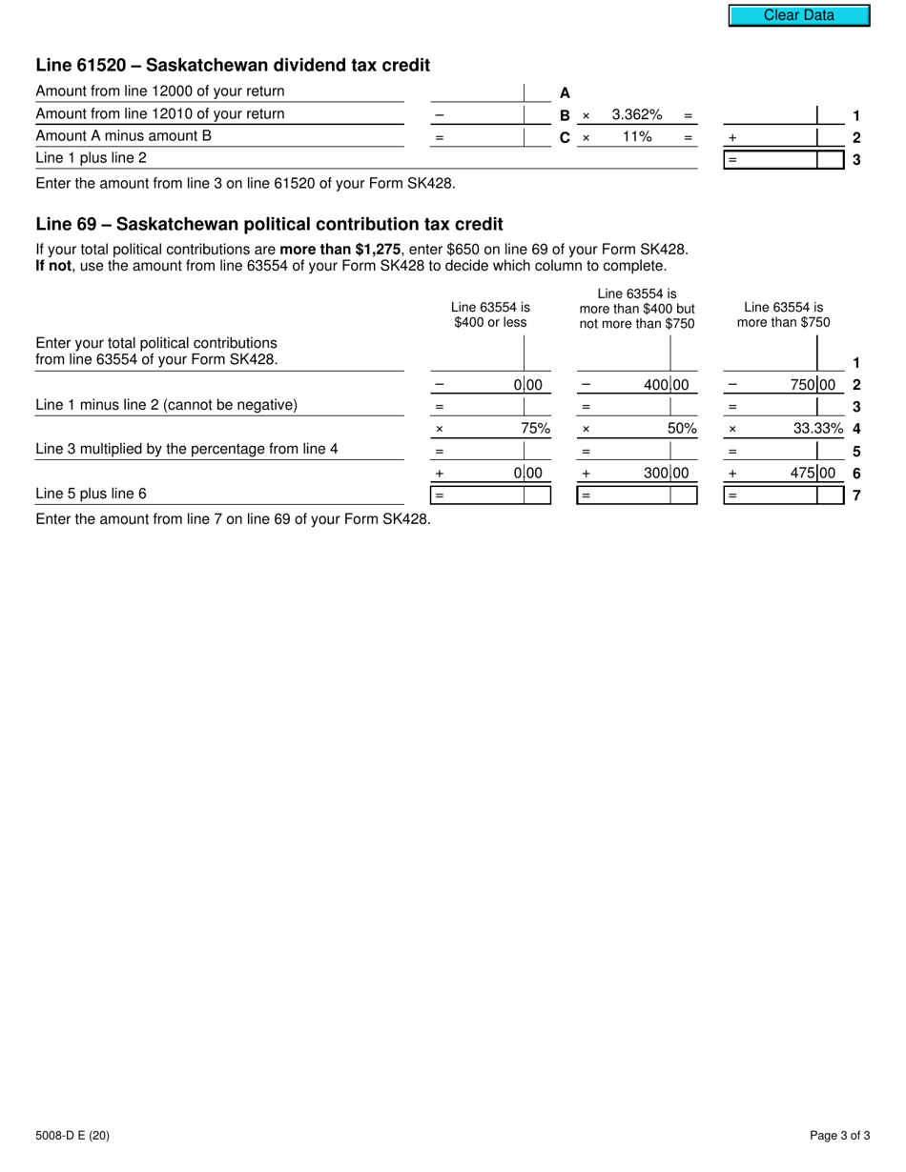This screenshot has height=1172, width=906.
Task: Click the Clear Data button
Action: (799, 15)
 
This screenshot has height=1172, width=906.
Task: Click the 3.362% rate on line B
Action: (636, 115)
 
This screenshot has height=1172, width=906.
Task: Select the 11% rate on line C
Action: (636, 137)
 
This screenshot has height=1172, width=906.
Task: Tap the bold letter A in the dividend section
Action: (565, 93)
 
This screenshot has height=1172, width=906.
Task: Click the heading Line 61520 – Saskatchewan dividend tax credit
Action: (233, 66)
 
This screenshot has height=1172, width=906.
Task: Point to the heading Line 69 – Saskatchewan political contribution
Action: (269, 225)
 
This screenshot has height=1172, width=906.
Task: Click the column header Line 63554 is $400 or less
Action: (490, 314)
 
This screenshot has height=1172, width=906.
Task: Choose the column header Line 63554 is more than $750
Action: (783, 314)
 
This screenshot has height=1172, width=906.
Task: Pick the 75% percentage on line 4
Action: (535, 429)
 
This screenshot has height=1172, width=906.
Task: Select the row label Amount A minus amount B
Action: (124, 135)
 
